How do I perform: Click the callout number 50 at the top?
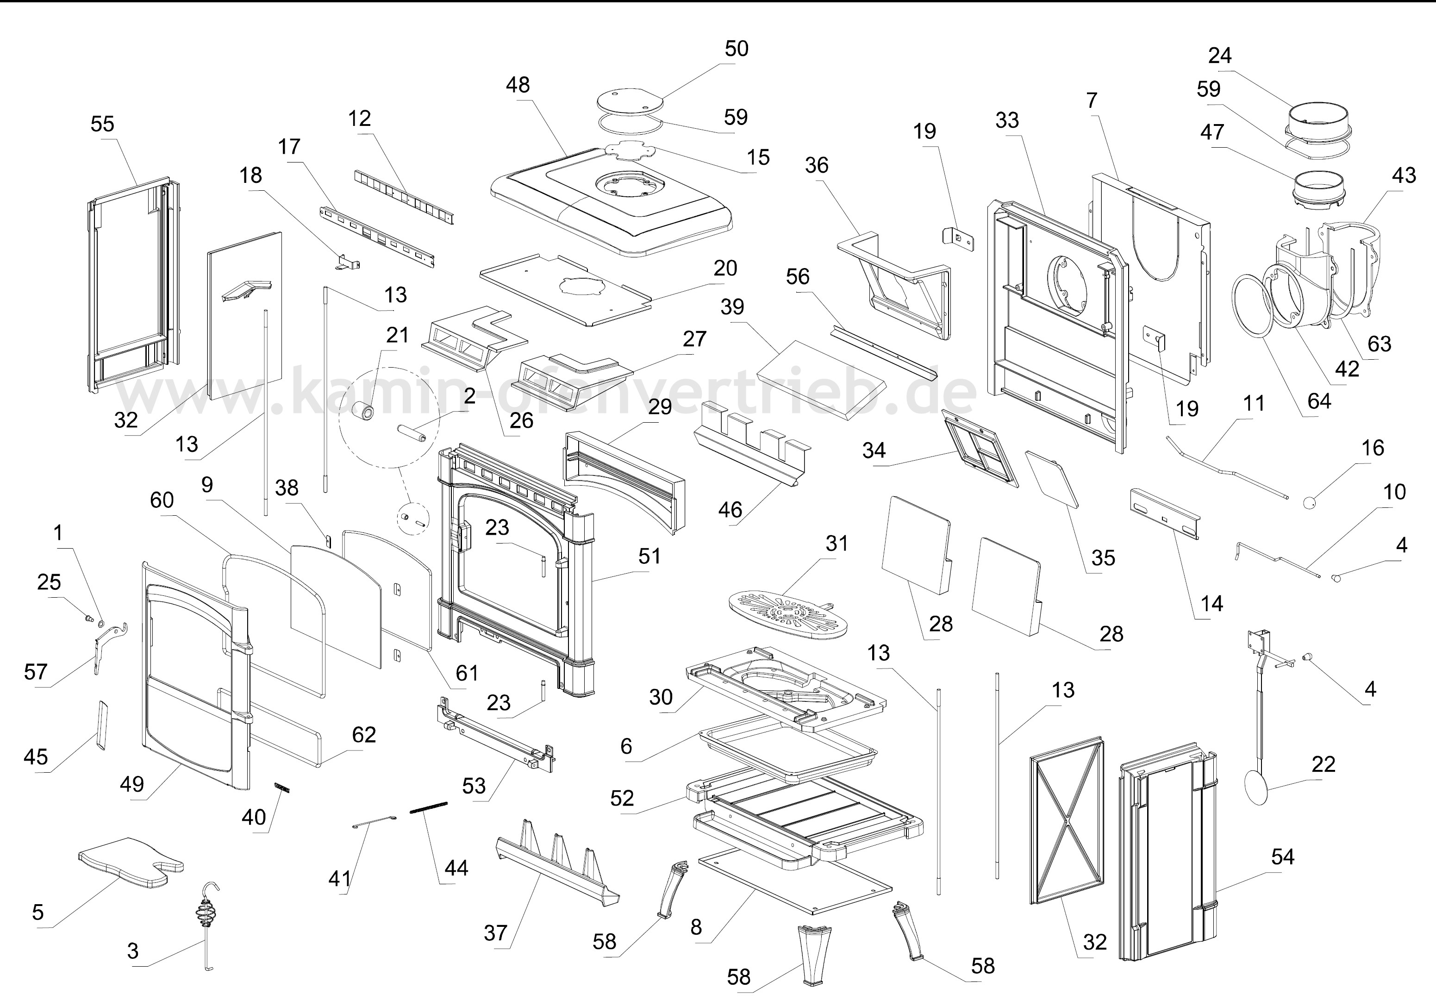[736, 49]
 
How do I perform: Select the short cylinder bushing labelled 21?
[364, 411]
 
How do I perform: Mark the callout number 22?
[1324, 764]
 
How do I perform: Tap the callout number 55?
[103, 124]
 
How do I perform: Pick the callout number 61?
[467, 673]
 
